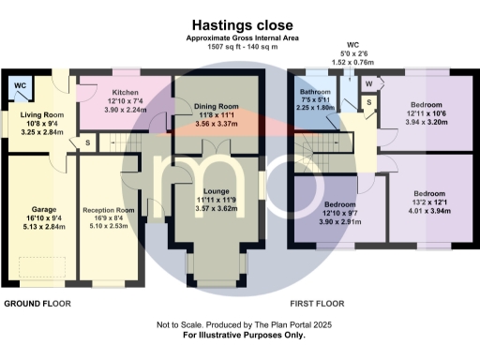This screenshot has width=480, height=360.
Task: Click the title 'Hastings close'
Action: (239, 25)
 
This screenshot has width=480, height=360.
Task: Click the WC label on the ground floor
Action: (20, 85)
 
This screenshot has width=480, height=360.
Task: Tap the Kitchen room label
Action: (126, 93)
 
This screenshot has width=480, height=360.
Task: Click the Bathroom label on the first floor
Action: (316, 92)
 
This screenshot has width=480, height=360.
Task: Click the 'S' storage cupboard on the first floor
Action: (369, 100)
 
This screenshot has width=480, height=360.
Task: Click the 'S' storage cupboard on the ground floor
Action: (88, 142)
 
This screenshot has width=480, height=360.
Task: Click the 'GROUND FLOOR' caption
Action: (40, 305)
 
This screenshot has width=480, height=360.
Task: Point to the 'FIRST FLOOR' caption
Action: (316, 305)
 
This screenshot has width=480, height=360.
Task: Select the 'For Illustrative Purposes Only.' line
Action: (239, 335)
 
